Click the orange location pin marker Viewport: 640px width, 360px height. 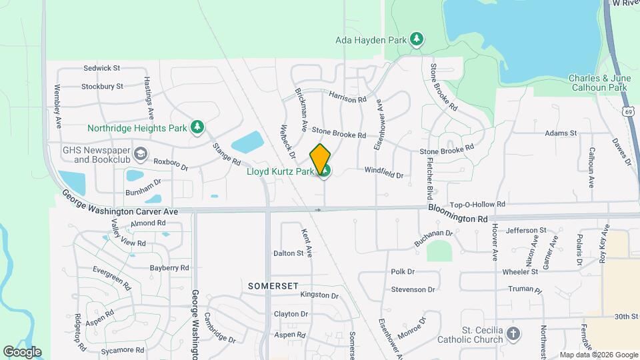(321, 159)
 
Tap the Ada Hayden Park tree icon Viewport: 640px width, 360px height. (417, 39)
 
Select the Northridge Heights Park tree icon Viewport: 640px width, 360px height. (197, 127)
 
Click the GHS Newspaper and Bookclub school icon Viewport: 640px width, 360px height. (140, 155)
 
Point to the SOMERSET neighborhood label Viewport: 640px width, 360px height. (269, 285)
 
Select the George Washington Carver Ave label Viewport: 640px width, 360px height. (121, 203)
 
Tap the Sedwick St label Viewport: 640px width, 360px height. (101, 68)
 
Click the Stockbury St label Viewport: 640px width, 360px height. (102, 86)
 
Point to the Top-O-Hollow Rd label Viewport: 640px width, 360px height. (477, 205)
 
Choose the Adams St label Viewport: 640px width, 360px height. (560, 133)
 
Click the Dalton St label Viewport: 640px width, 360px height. (288, 253)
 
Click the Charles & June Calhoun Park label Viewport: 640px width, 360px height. (598, 83)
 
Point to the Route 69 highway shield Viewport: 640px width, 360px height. (629, 111)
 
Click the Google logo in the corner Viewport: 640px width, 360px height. (22, 352)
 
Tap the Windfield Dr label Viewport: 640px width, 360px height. (383, 175)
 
